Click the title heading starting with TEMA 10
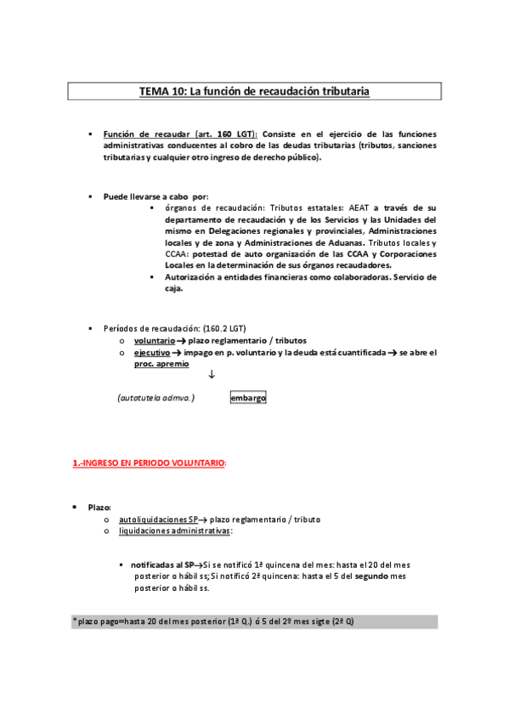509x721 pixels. [x=254, y=89]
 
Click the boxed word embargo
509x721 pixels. [x=248, y=397]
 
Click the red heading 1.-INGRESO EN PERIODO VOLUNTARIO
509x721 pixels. [x=149, y=463]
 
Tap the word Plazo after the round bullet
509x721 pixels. [x=99, y=507]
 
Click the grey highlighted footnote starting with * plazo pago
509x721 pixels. [x=213, y=622]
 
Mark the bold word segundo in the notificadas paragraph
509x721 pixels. [x=371, y=576]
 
